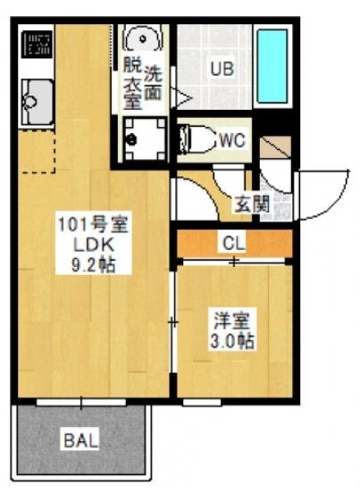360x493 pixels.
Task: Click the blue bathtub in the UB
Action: pos(272,66)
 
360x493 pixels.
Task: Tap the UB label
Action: pos(222,68)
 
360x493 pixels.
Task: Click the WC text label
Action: pos(232,140)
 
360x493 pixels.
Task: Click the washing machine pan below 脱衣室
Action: pos(145,139)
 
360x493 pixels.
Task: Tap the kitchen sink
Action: pos(38,102)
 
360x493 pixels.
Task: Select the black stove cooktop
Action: pos(37,44)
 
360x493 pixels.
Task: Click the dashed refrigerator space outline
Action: pos(37,151)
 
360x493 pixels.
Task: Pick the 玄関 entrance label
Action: pos(252,205)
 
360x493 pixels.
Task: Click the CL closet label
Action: pos(234,242)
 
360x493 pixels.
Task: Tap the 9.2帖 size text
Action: pos(93,265)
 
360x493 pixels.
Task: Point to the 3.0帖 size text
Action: pos(232,342)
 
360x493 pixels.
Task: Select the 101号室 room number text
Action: pos(94,225)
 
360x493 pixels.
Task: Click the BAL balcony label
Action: pos(81,440)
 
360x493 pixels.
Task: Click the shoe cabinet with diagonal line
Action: pos(275,147)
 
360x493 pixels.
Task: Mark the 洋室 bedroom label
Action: pos(232,321)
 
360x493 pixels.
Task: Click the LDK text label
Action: pos(94,246)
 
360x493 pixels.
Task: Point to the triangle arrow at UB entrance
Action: pos(181,97)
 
